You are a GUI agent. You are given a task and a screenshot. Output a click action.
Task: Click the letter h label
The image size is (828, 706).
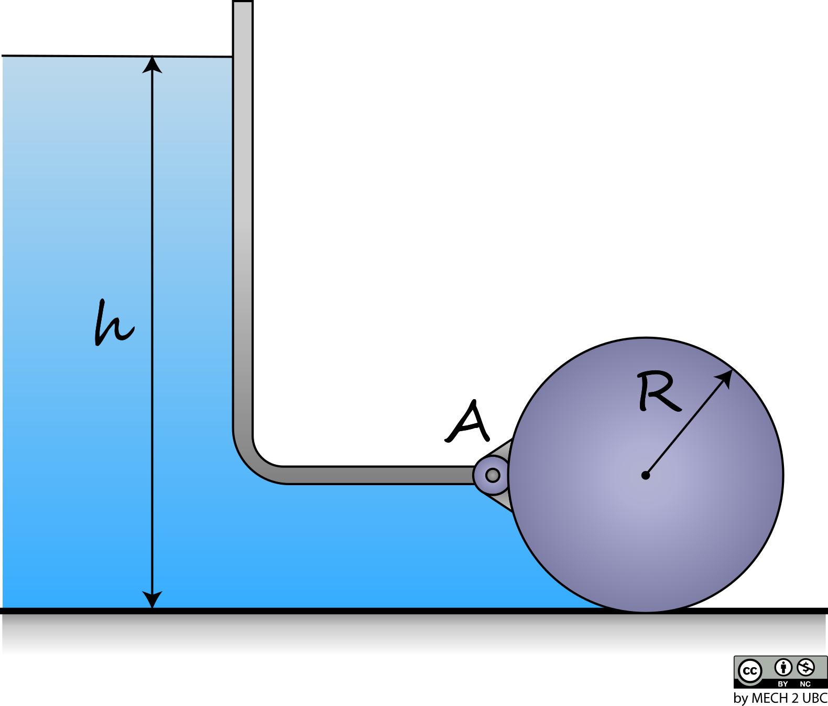114,323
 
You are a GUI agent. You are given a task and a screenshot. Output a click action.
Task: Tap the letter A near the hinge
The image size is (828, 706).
467,421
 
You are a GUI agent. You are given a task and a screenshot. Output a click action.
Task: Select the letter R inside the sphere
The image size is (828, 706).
659,391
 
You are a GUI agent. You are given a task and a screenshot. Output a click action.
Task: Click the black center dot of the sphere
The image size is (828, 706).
645,476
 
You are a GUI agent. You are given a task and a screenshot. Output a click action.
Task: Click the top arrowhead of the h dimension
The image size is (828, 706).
152,64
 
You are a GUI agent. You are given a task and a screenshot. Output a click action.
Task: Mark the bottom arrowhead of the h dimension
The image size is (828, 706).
152,600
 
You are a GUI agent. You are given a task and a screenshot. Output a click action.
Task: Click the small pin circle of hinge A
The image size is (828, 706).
492,476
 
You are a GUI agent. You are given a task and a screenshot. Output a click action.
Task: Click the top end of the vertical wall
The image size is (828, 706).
243,2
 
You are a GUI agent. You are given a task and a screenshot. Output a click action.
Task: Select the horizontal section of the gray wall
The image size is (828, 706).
380,476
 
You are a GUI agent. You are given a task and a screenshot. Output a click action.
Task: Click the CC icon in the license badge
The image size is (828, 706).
750,671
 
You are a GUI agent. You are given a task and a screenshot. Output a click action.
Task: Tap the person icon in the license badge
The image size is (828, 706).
783,668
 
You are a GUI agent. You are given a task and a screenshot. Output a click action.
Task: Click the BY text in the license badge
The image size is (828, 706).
783,684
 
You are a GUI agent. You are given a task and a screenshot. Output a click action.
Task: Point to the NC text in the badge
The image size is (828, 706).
805,684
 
